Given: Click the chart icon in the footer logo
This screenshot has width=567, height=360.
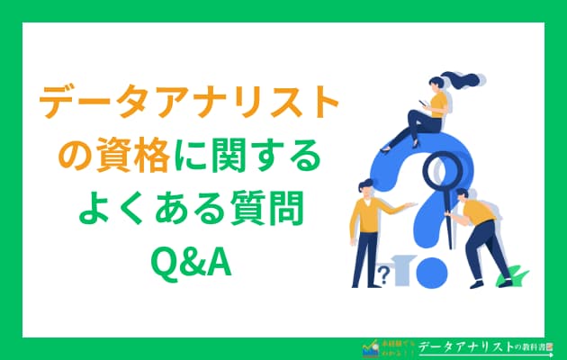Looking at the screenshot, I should click(366, 346).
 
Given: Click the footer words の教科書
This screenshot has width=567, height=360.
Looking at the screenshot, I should click(531, 346).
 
